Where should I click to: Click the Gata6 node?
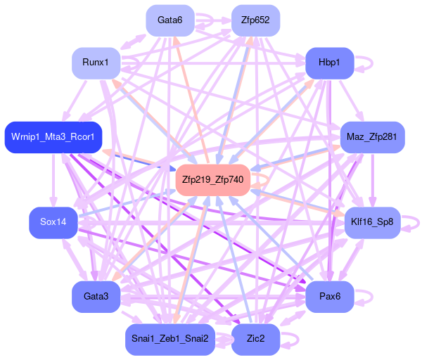click(170, 20)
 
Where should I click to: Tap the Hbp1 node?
click(329, 63)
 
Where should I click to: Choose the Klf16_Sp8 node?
click(371, 222)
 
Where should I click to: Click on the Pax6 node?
click(329, 297)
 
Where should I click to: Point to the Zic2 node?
click(255, 339)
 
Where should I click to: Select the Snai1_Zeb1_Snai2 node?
click(170, 339)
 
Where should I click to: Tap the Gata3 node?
click(96, 297)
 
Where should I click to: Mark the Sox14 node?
click(53, 222)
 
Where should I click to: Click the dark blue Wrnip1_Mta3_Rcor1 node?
click(53, 136)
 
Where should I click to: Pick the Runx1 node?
click(96, 63)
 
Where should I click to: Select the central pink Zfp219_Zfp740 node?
click(212, 180)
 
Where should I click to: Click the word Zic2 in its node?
click(255, 339)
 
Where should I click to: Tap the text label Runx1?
click(96, 63)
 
